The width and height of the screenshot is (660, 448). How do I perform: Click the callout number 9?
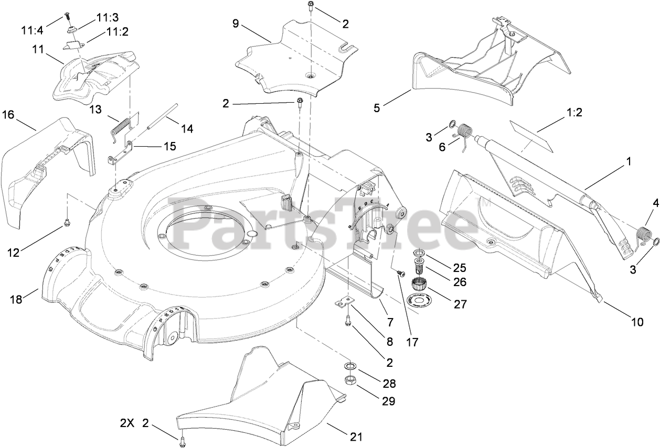[x=236, y=23]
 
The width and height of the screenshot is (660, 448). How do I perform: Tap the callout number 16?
[x=8, y=115]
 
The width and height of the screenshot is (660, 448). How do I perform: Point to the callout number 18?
[x=16, y=299]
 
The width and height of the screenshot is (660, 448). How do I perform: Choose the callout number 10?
[x=636, y=322]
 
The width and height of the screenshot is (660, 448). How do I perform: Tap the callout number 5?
[x=377, y=108]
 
